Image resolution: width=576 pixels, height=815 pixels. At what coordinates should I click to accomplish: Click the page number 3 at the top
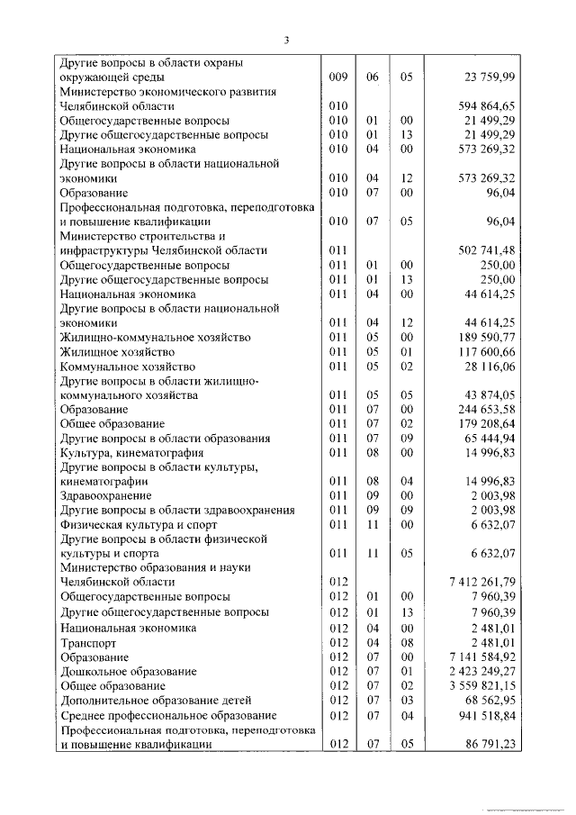(x=286, y=40)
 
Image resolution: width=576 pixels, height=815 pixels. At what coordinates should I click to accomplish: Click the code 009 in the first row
(x=338, y=77)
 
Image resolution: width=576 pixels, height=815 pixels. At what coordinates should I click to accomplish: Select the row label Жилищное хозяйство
(x=117, y=352)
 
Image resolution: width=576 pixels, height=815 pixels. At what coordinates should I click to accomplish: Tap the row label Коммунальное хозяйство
(x=127, y=367)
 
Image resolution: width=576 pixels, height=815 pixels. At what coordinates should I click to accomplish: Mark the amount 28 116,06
(x=486, y=367)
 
